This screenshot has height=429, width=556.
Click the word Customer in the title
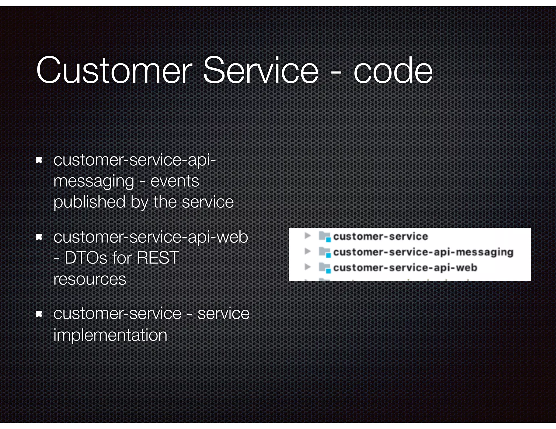114,71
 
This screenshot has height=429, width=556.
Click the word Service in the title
261,71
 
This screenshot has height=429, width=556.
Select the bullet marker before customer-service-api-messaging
39,160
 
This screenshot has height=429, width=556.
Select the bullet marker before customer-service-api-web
39,237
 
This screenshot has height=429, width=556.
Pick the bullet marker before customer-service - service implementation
39,314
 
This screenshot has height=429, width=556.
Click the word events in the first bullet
175,181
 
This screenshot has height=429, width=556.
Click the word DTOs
86,258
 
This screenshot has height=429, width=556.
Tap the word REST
158,258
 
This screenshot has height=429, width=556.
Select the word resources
90,279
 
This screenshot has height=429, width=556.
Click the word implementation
110,335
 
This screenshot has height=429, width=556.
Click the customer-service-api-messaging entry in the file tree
423,252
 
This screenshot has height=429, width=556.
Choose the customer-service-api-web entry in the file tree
405,268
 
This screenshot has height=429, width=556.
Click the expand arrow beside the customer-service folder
308,236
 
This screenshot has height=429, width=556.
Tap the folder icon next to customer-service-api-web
324,268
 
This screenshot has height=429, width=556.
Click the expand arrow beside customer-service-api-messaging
308,251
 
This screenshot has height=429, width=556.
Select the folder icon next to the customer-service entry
324,236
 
